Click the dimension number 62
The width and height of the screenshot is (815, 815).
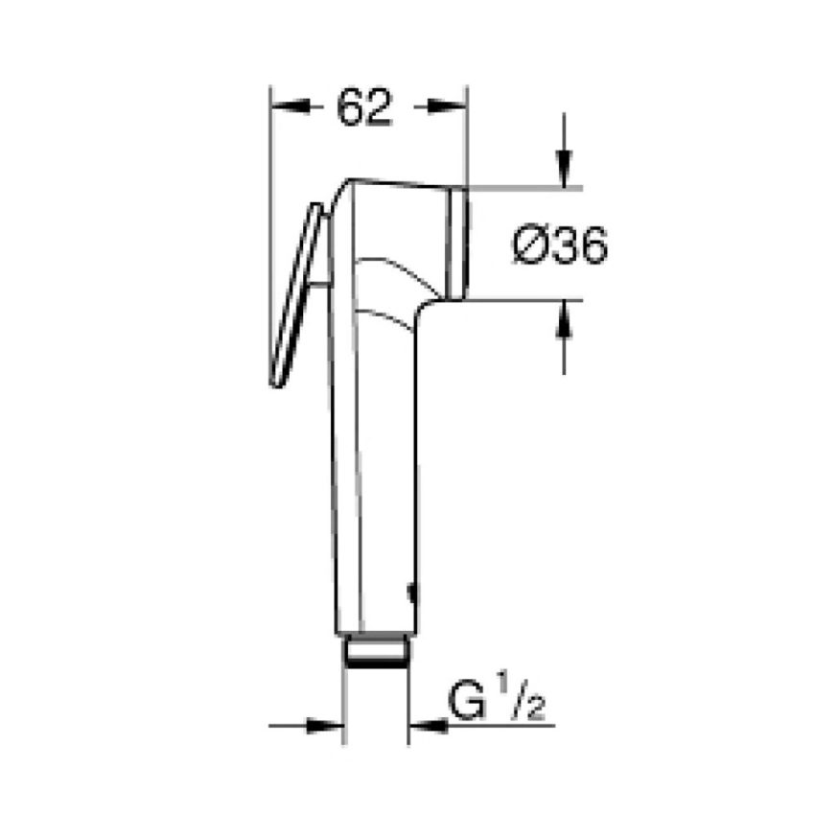tap(365, 108)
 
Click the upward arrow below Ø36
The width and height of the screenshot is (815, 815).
tap(563, 316)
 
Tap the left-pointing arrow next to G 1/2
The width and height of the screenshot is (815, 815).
tap(426, 726)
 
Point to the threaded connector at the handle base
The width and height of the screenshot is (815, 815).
tap(376, 653)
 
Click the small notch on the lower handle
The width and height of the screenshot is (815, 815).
tap(412, 595)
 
